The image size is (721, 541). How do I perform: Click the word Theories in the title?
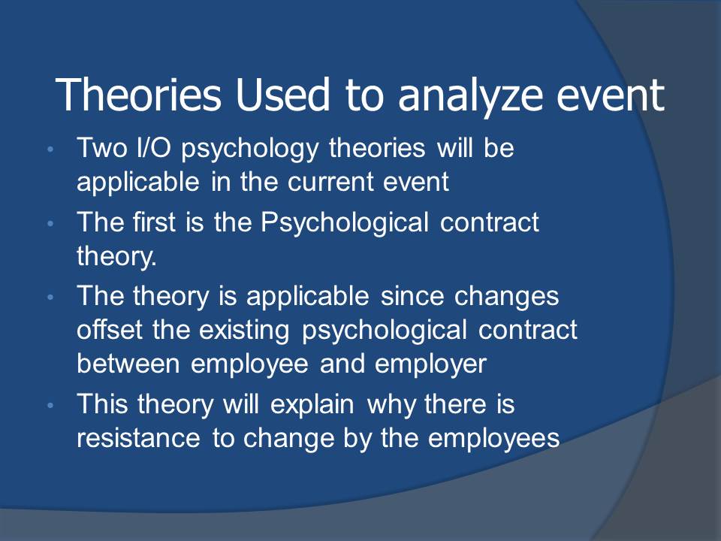(138, 95)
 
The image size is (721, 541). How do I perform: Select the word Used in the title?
(283, 95)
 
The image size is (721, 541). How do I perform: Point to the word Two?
(103, 148)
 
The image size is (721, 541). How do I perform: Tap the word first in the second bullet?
(154, 222)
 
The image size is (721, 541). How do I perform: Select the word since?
(412, 296)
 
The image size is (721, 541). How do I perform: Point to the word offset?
(110, 329)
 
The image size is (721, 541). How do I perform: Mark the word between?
(128, 364)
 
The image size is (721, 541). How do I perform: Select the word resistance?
(138, 437)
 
